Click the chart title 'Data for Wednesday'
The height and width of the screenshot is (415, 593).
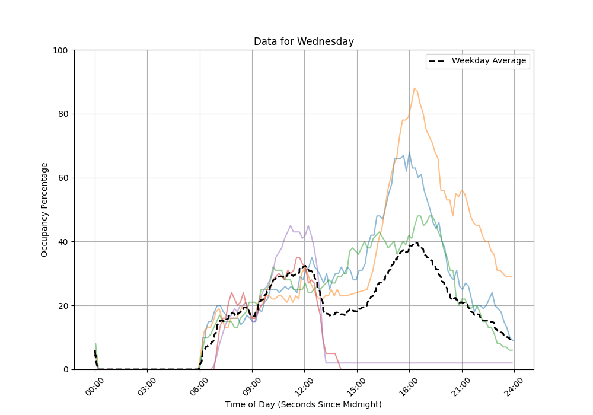[304, 41]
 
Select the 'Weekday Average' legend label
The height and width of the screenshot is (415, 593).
[489, 61]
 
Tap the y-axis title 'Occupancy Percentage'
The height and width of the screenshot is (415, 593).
[44, 209]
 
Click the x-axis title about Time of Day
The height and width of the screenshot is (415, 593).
[304, 404]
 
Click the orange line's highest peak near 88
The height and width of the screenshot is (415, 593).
[415, 88]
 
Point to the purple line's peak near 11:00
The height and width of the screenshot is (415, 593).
[291, 226]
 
